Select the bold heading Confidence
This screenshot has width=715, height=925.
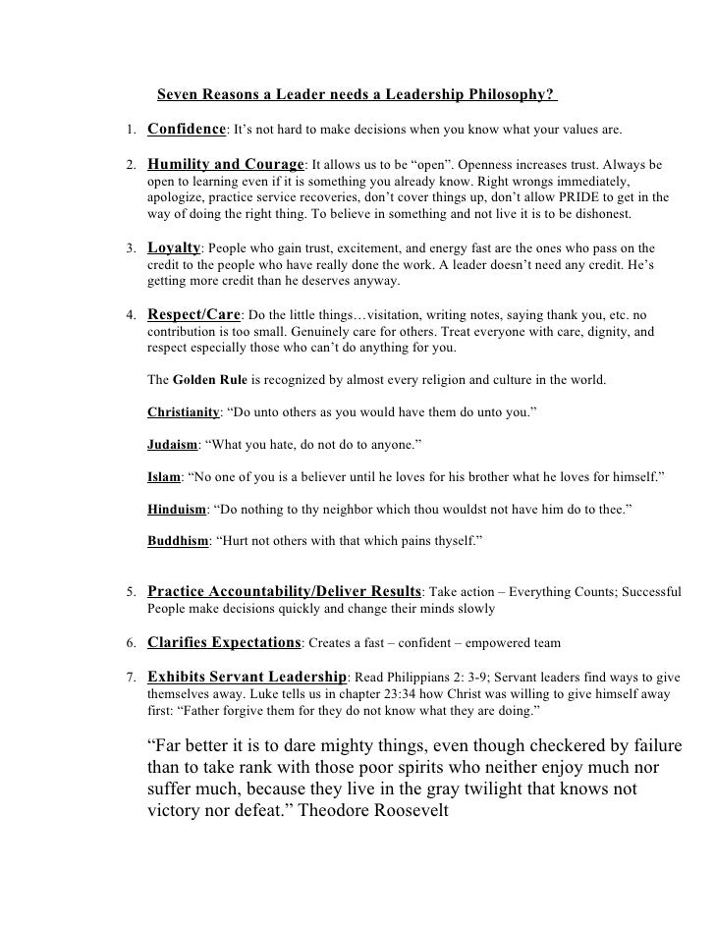tap(187, 130)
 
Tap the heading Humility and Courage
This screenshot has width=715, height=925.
tap(227, 163)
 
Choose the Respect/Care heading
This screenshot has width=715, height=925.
tap(193, 315)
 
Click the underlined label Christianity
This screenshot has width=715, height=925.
tap(183, 412)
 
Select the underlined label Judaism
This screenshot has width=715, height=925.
tap(172, 445)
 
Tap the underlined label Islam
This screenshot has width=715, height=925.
tap(163, 477)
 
